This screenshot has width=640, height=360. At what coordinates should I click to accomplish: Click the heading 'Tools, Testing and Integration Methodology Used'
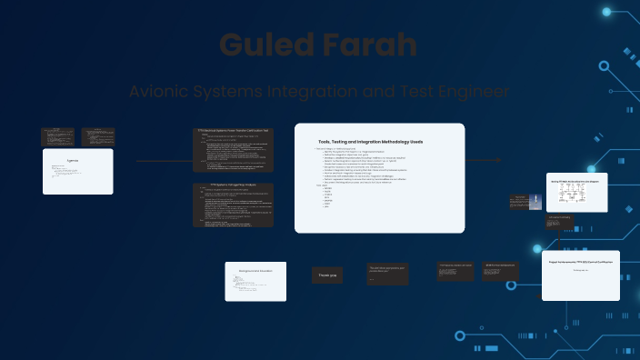[370, 142]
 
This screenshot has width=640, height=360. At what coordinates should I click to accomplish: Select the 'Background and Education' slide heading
[255, 271]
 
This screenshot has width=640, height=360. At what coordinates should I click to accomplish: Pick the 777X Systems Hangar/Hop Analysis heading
[232, 187]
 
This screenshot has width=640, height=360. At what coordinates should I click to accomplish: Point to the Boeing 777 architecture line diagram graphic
[575, 196]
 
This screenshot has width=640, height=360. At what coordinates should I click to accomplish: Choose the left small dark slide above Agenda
[57, 136]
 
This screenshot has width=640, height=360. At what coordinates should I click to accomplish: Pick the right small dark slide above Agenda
[98, 136]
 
